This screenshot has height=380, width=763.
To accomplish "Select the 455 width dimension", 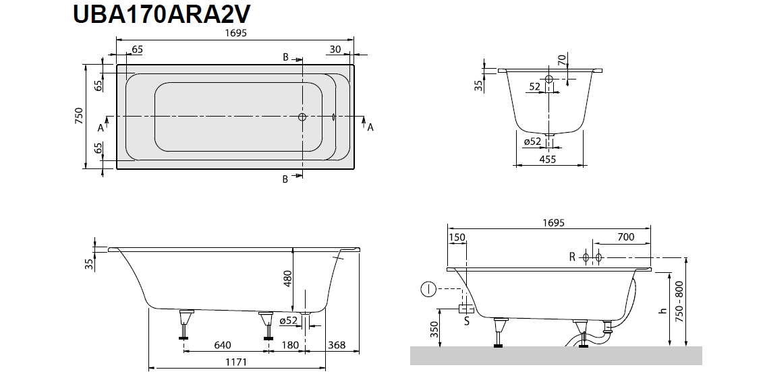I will coord(548,159).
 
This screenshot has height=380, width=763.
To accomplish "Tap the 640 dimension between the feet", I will coord(223,346).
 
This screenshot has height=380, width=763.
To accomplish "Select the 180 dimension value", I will coord(290,346).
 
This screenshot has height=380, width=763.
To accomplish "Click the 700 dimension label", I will coord(625,237).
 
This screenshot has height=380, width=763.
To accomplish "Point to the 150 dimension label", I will coord(457,237).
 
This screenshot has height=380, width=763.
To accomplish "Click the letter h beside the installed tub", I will coord(662,311).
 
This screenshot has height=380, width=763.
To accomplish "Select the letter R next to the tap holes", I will coord(572,257).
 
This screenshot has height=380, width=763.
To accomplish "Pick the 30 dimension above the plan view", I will coord(335,49).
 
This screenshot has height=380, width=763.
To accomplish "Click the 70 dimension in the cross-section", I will coord(561,60).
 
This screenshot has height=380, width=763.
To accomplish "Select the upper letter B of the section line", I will coord(285,58).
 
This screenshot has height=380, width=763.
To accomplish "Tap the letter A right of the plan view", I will coord(370,127).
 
